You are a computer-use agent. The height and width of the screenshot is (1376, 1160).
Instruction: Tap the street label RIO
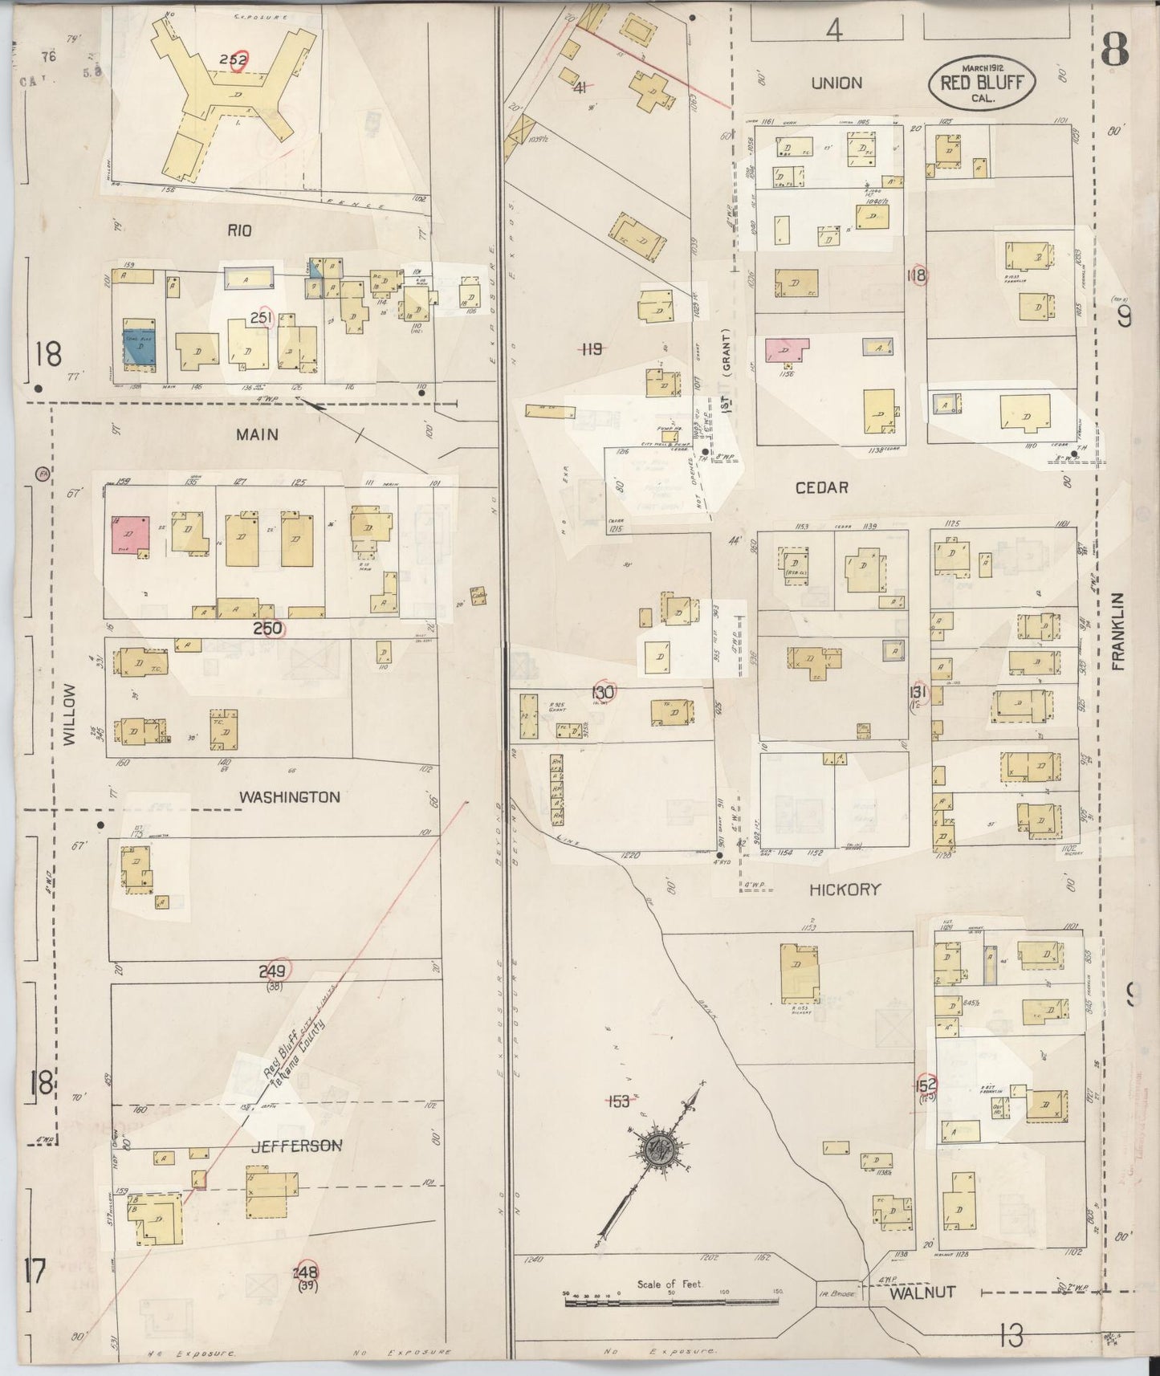(239, 230)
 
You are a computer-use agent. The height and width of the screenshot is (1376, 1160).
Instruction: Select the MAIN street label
(257, 434)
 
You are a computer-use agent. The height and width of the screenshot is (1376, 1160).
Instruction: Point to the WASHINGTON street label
(290, 797)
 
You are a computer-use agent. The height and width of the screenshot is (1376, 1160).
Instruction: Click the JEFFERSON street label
(285, 1146)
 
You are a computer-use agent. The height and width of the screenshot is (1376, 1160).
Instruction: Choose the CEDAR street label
(821, 487)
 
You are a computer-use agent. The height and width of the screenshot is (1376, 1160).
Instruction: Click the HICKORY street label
(845, 889)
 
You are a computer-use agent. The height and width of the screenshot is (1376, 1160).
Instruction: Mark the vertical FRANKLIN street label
(1121, 632)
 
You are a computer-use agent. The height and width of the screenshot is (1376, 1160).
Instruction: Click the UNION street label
(836, 83)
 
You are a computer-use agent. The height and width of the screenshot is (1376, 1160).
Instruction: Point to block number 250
(267, 629)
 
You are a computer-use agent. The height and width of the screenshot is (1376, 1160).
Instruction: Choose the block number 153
(619, 1101)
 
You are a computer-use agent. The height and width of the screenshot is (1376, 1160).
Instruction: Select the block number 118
(916, 275)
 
